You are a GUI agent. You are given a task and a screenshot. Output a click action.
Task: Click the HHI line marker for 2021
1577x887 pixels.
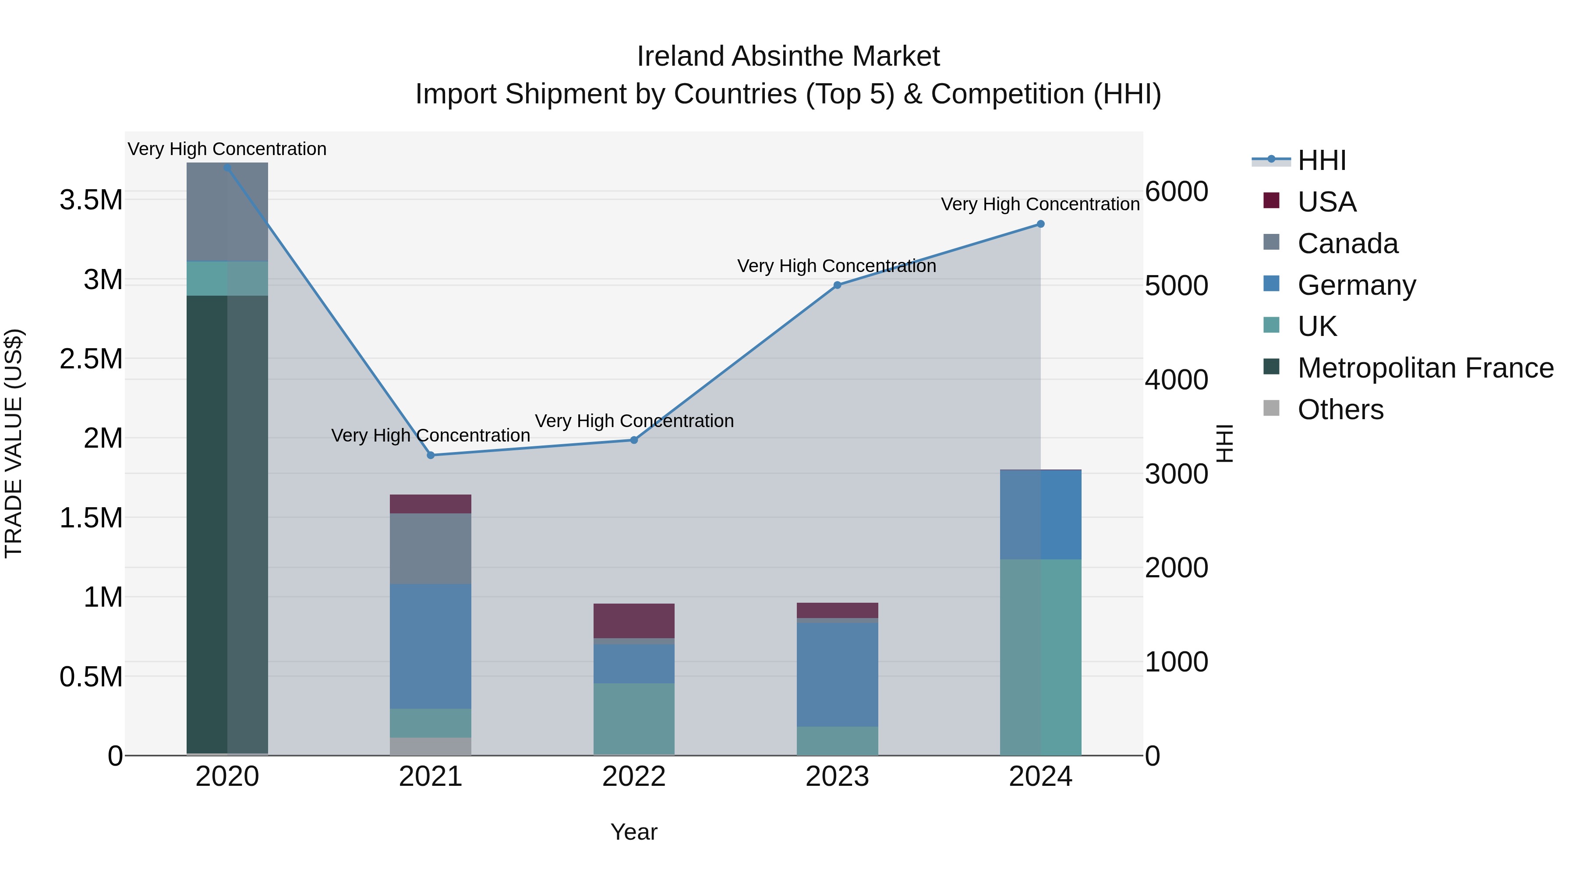pyautogui.click(x=430, y=455)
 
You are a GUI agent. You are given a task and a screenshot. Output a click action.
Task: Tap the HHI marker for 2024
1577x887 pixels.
pyautogui.click(x=1040, y=224)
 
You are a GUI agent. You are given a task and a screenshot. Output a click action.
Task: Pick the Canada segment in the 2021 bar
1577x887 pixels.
pyautogui.click(x=430, y=548)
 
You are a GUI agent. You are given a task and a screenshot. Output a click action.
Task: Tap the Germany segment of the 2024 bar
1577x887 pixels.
pyautogui.click(x=1040, y=514)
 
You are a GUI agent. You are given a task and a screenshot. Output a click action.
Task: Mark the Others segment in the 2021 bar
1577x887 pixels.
pyautogui.click(x=430, y=746)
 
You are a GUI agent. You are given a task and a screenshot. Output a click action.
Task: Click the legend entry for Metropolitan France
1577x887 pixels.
pyautogui.click(x=1425, y=368)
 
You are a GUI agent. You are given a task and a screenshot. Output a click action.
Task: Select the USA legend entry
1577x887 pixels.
pyautogui.click(x=1326, y=202)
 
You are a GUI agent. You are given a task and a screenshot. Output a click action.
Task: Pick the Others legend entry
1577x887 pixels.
pyautogui.click(x=1340, y=410)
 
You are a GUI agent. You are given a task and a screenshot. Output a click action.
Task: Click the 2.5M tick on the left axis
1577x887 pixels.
pyautogui.click(x=91, y=359)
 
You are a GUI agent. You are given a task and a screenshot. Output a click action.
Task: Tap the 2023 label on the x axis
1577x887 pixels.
pyautogui.click(x=837, y=777)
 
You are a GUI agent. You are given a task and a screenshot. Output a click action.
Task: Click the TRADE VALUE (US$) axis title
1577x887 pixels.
pyautogui.click(x=14, y=443)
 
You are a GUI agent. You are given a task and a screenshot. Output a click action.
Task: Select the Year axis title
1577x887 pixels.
pyautogui.click(x=633, y=832)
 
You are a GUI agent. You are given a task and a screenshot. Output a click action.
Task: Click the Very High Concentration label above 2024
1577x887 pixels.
pyautogui.click(x=1040, y=204)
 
